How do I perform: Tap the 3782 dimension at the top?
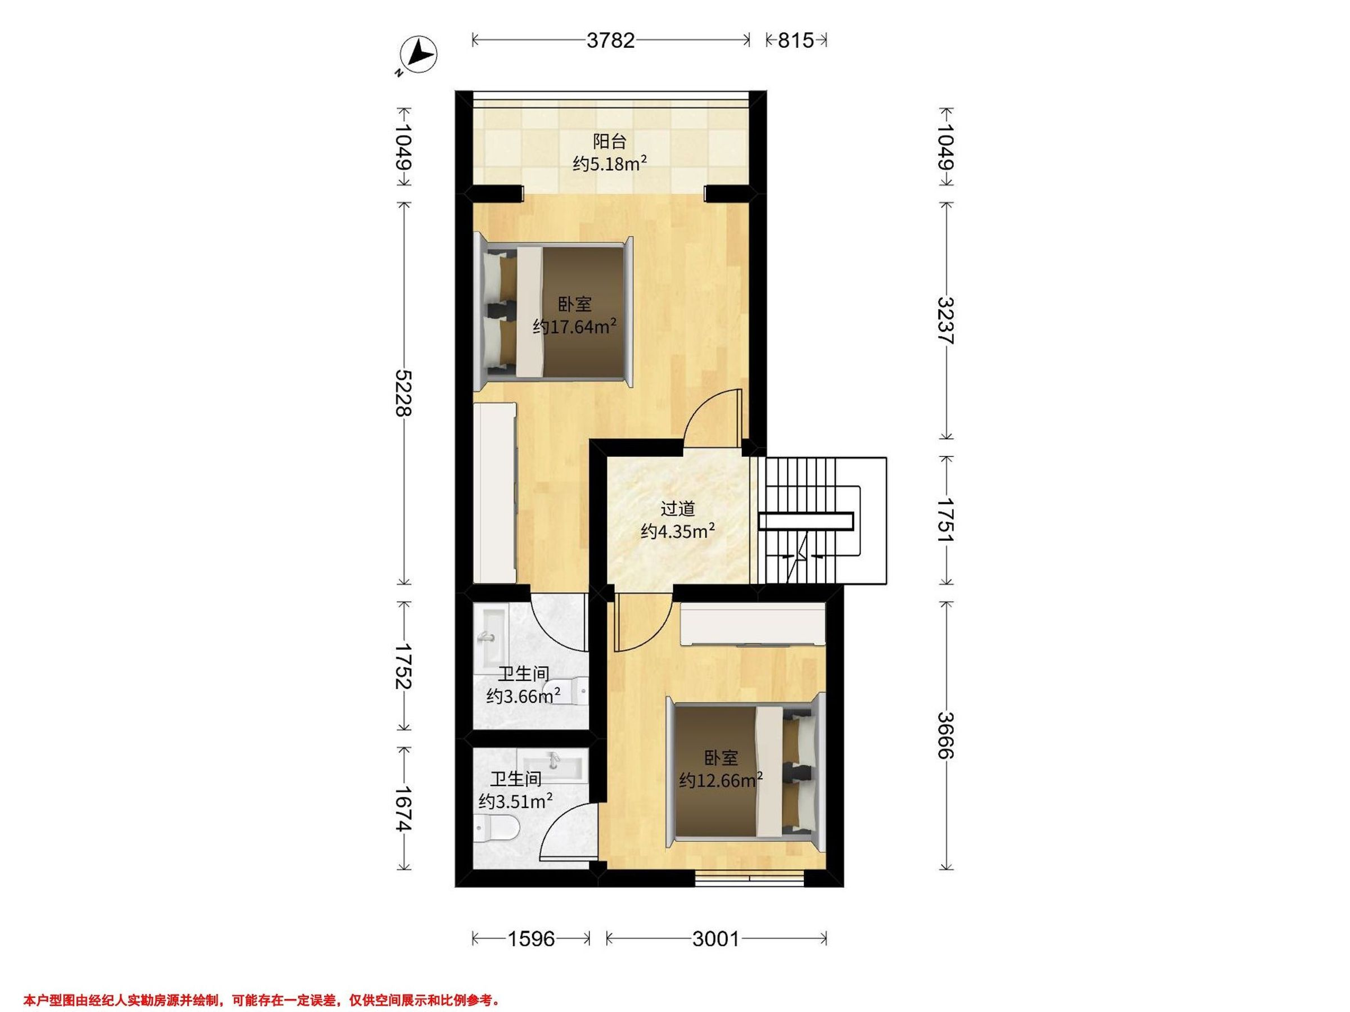tap(611, 40)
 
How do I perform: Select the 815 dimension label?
tap(796, 40)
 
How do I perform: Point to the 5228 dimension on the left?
tap(403, 393)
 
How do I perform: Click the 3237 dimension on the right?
tap(946, 321)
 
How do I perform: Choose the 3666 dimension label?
tap(946, 735)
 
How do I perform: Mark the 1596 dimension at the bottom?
tap(532, 939)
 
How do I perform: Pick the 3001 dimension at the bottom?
tap(716, 939)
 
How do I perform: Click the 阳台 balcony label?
tap(610, 142)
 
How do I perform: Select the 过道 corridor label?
tap(678, 509)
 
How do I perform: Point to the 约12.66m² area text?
tap(721, 780)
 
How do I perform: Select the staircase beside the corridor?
tap(821, 521)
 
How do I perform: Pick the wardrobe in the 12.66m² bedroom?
tap(753, 624)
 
